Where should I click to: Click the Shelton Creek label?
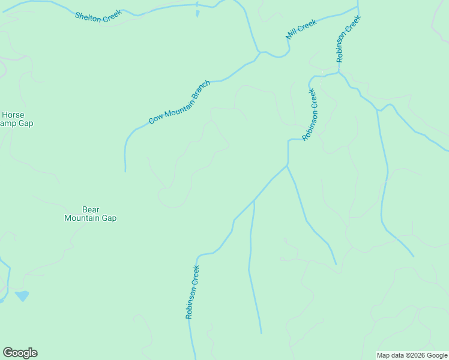(x=98, y=16)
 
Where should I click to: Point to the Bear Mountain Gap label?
(x=91, y=214)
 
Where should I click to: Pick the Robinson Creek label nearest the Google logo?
(x=192, y=292)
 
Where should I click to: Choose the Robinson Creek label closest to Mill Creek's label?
(x=348, y=39)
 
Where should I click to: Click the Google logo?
(x=20, y=353)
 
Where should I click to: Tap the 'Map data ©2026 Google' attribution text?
(x=412, y=355)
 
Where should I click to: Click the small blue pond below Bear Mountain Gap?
(x=22, y=296)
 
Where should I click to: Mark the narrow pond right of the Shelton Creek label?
(x=197, y=12)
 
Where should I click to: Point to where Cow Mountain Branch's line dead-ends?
(x=125, y=171)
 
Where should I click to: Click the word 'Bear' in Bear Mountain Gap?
(x=91, y=209)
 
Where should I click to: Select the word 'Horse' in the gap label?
(x=13, y=115)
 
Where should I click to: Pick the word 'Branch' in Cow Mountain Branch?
(x=200, y=91)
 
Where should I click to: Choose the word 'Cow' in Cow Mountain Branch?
(x=155, y=118)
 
